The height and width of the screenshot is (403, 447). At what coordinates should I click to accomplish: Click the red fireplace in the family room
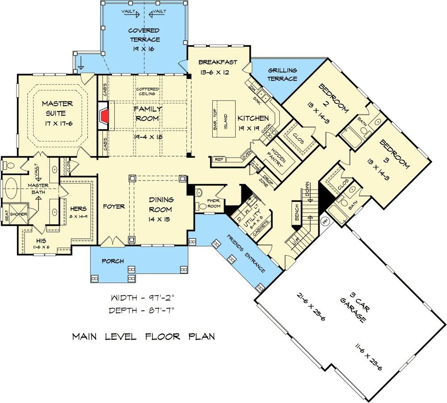click(104, 117)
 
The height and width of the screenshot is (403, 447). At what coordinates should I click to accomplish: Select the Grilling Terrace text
click(282, 74)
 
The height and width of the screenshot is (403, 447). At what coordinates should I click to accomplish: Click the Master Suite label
click(58, 107)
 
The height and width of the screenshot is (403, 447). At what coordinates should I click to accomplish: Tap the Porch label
click(112, 261)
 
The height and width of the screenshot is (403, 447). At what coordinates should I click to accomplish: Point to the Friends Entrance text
click(245, 253)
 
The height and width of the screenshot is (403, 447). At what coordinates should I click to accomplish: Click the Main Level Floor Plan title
click(143, 336)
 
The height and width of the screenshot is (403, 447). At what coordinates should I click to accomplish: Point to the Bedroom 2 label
click(332, 99)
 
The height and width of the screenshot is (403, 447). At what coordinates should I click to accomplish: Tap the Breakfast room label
click(218, 62)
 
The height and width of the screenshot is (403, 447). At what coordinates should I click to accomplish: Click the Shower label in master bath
click(19, 214)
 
